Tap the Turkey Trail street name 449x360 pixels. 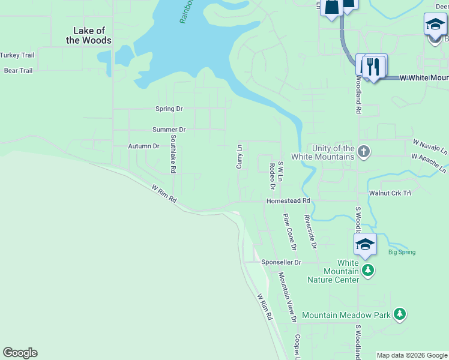coord(17,55)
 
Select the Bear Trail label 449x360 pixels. coord(18,71)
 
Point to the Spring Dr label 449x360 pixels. coord(169,109)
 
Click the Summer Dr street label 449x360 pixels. coord(169,130)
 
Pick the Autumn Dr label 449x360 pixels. coord(143,146)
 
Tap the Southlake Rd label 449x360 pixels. coord(173,154)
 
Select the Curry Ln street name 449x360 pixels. coord(240,155)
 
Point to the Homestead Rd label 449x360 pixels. coord(288,201)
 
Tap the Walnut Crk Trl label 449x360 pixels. coord(390,193)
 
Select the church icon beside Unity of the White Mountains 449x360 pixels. coord(364,152)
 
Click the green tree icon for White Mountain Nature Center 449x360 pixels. coord(368,271)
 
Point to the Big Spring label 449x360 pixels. coord(402,252)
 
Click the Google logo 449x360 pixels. coord(20,353)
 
